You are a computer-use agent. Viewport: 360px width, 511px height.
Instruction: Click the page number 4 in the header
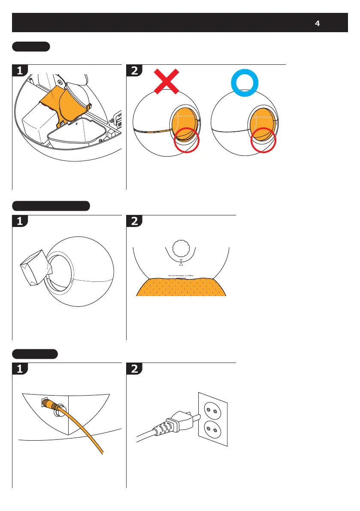317,24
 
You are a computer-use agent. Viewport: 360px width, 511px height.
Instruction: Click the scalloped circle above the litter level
181,248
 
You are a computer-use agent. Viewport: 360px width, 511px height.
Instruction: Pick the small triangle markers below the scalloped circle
181,263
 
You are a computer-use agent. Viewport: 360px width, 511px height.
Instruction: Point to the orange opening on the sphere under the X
184,121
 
